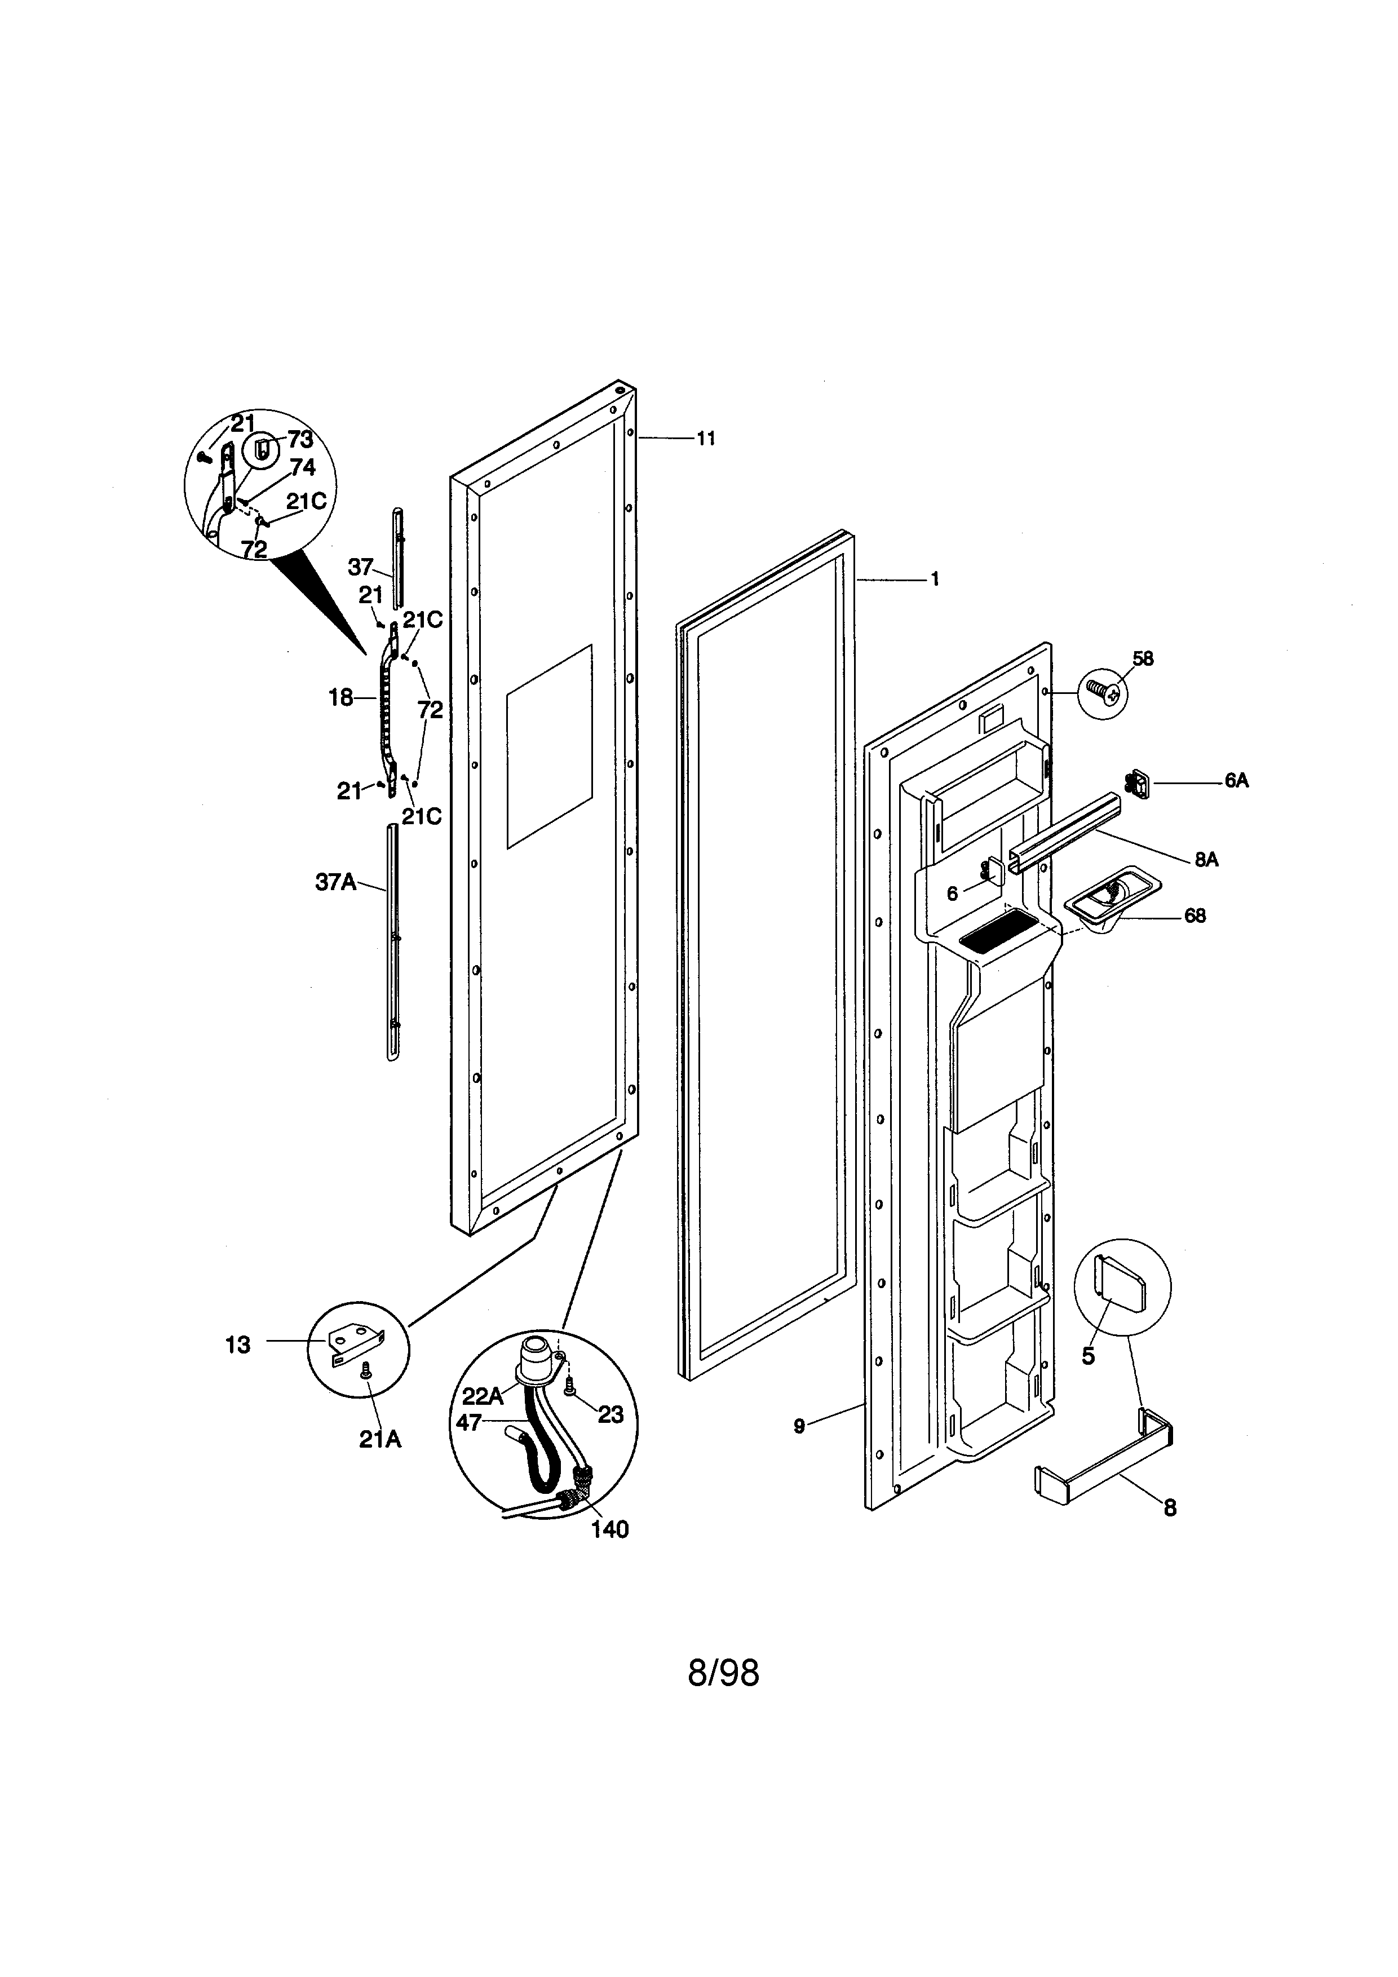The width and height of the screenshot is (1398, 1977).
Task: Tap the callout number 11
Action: [706, 438]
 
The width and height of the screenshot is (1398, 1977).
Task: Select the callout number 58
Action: [1142, 658]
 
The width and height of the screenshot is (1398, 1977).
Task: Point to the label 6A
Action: [1236, 781]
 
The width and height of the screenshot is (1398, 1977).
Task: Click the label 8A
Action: [1206, 859]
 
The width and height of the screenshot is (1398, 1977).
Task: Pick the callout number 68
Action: [1195, 915]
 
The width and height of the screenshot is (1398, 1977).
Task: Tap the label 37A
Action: [336, 882]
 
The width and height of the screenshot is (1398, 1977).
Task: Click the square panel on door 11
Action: [549, 746]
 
